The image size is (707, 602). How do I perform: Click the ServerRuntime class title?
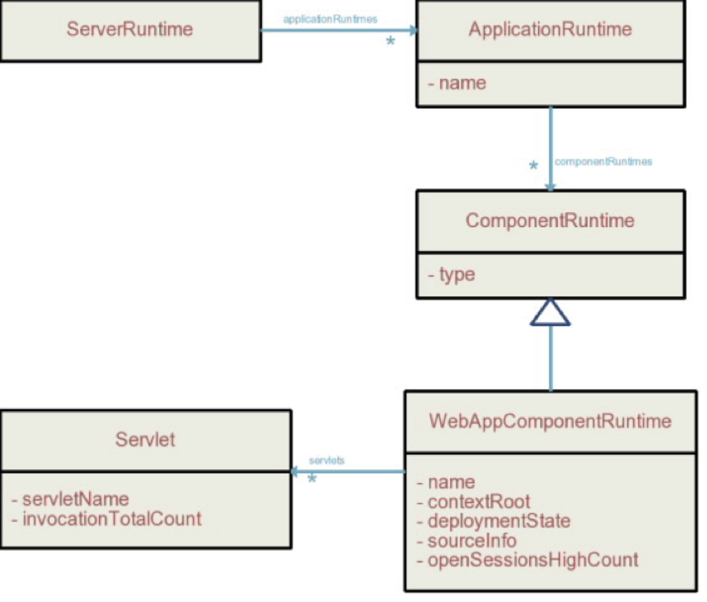pos(130,29)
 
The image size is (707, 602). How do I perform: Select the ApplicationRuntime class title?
pos(550,29)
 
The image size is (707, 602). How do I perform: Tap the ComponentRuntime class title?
pos(550,221)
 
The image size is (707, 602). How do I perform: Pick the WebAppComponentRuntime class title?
pos(550,421)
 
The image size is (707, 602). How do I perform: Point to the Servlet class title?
pos(145,440)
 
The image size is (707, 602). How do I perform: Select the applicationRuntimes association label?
pos(330,19)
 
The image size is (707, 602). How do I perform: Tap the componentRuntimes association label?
pos(603,162)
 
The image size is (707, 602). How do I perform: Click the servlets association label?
pos(327,461)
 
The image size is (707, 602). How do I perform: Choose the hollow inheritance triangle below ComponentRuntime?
pos(550,313)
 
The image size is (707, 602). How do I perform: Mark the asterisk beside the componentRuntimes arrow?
pos(534,166)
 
